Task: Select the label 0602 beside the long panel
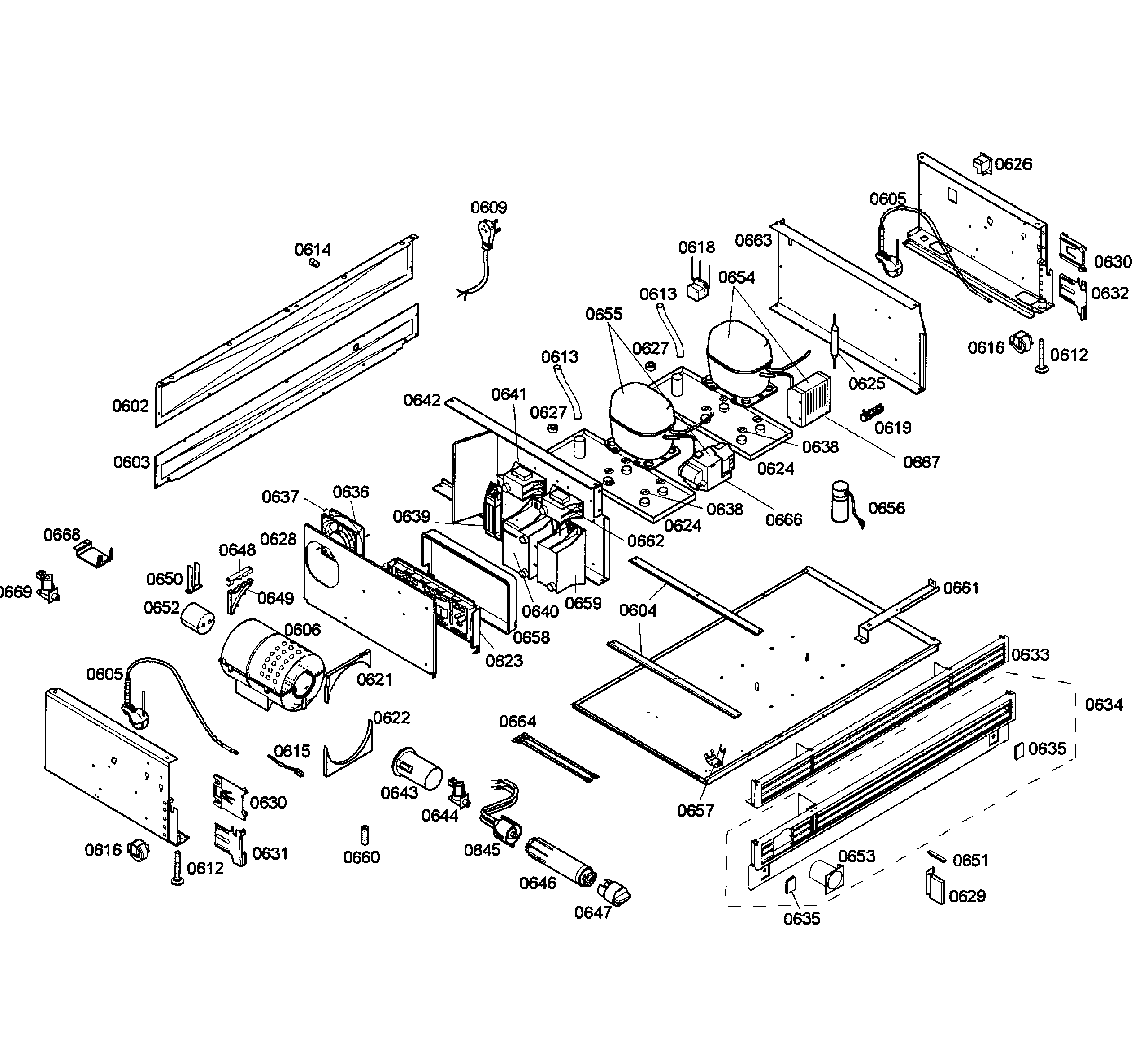tap(130, 406)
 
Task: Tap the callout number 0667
tap(922, 462)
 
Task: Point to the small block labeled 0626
tap(982, 164)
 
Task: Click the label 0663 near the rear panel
tap(753, 240)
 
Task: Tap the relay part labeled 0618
tap(698, 290)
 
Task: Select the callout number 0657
tap(696, 810)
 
